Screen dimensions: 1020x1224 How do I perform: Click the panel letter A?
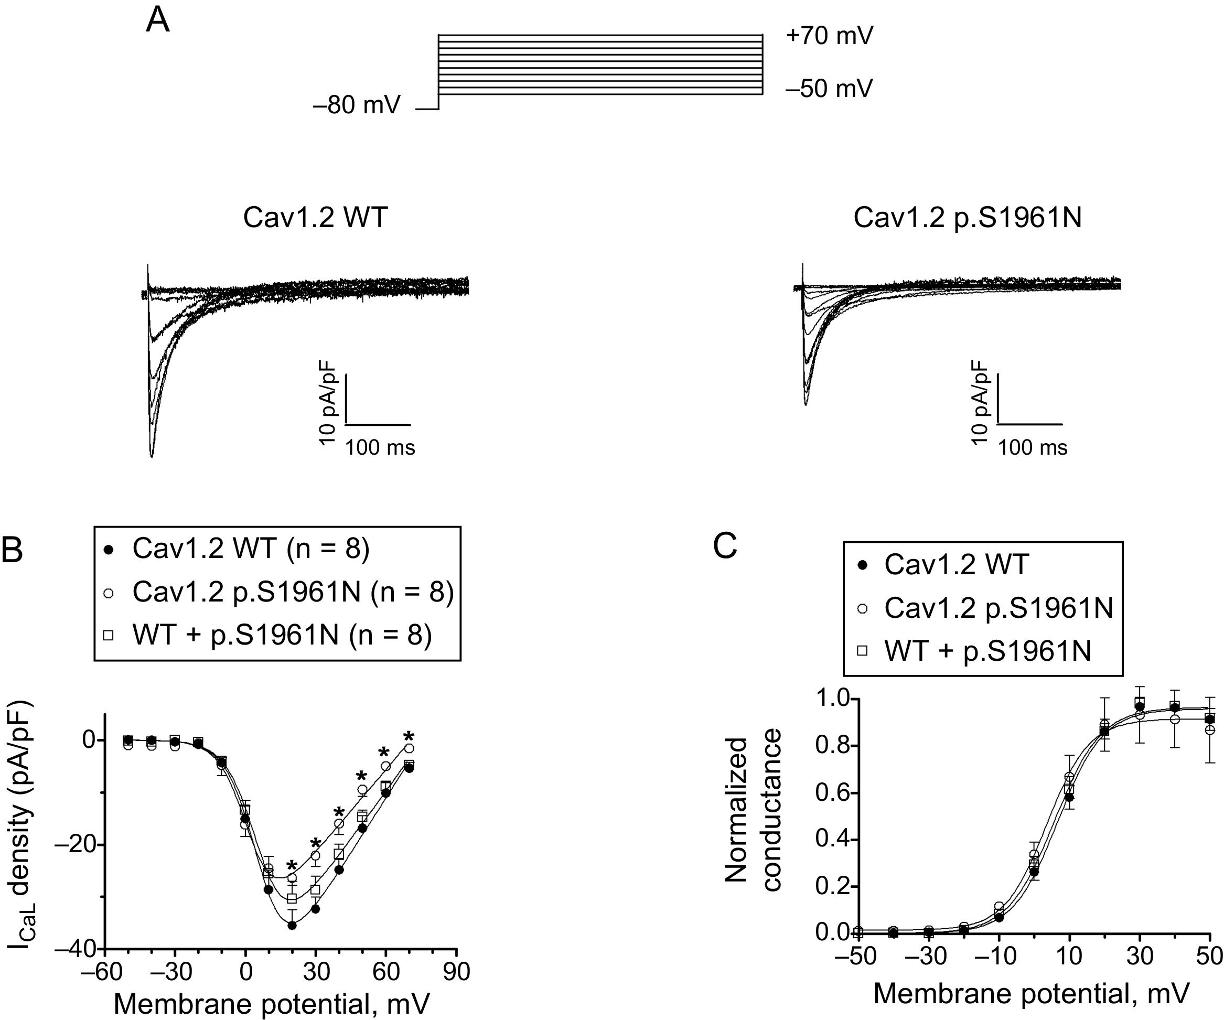click(x=157, y=22)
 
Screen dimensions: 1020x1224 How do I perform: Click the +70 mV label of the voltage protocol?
click(x=829, y=36)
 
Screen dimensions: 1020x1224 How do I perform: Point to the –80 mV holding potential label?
click(x=357, y=105)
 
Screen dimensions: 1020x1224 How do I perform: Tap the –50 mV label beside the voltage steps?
click(x=829, y=89)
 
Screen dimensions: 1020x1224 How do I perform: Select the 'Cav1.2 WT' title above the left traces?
click(x=315, y=218)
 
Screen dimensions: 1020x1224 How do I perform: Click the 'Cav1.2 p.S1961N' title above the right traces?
click(x=967, y=218)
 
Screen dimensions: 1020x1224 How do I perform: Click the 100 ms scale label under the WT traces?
click(x=380, y=448)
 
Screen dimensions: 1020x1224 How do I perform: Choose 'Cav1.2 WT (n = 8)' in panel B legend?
click(x=251, y=549)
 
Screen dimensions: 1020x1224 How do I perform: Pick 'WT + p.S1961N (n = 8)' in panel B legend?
click(x=282, y=635)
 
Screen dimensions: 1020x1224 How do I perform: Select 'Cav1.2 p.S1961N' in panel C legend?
click(x=998, y=608)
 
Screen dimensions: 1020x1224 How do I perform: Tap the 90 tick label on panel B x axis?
click(x=456, y=972)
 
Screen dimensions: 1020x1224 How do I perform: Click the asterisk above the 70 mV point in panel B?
click(x=409, y=736)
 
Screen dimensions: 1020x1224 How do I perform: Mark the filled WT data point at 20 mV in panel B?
click(x=292, y=925)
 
